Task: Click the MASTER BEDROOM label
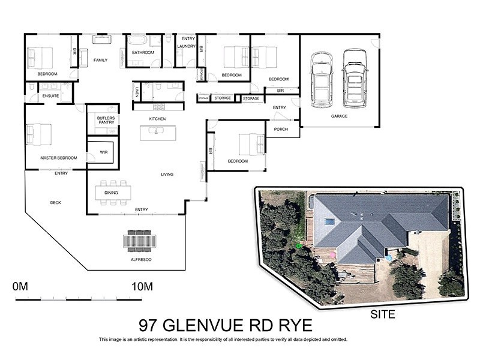[59, 158]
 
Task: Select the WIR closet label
[103, 152]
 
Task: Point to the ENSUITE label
[50, 95]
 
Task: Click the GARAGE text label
[339, 116]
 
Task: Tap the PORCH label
[280, 129]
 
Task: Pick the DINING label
[111, 193]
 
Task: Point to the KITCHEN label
[157, 119]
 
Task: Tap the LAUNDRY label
[187, 46]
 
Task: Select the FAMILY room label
[100, 60]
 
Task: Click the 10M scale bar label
[142, 286]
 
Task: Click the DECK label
[55, 203]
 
